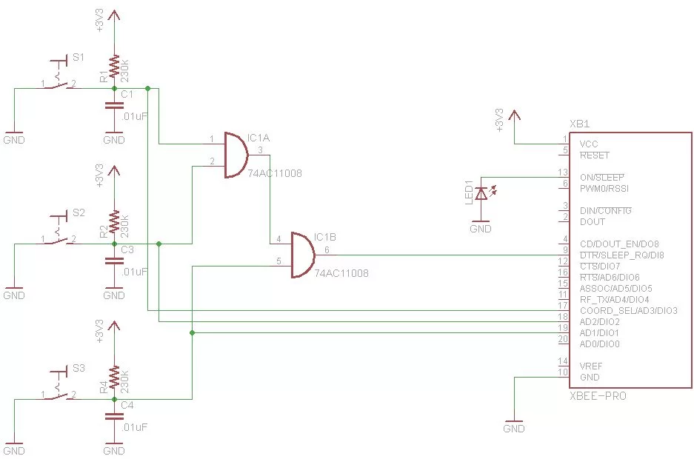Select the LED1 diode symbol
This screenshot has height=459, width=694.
coord(481,194)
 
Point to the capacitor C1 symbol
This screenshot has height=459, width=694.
coord(114,105)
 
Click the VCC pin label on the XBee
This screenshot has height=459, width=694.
coord(590,144)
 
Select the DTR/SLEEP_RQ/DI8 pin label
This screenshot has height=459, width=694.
coord(621,255)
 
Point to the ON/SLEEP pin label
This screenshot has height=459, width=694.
coord(601,177)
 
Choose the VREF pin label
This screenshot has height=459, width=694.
coord(592,366)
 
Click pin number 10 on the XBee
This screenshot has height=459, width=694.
coord(563,372)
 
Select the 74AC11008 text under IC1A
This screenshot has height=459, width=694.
coord(276,173)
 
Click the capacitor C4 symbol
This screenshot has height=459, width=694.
coord(114,416)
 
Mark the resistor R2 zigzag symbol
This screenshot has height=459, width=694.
coord(114,221)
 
